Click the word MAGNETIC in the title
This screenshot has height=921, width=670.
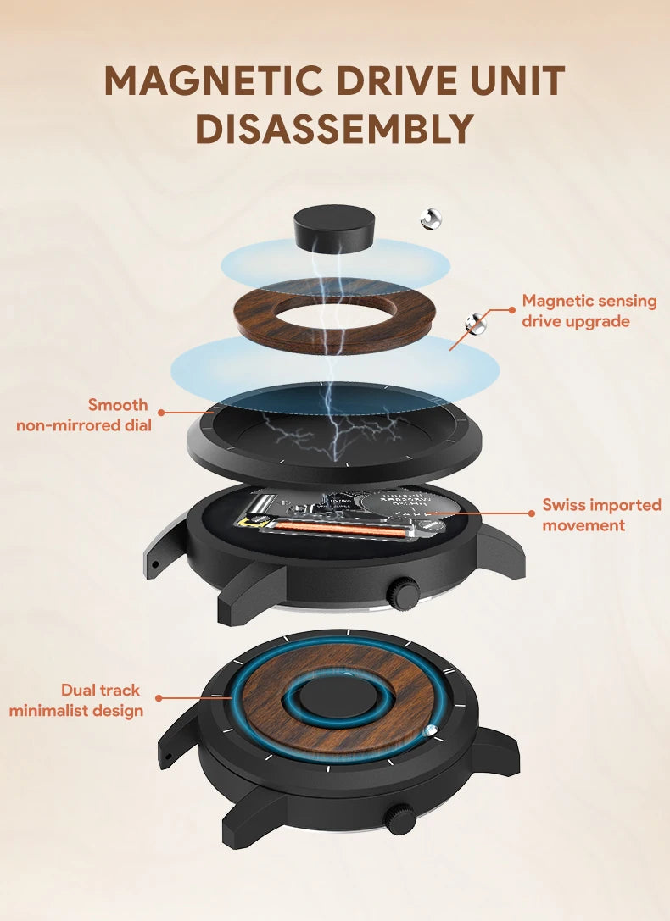pos(214,81)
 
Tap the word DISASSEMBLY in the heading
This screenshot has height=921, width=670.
pos(334,129)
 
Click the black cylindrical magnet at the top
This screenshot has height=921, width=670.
pos(335,228)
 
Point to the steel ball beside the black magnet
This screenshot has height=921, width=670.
pos(431,219)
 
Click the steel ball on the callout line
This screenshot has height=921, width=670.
pos(476,322)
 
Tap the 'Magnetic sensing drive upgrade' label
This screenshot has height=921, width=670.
pos(589,311)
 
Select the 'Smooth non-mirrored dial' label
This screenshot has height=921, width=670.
pos(84,415)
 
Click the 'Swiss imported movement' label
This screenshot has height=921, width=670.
pos(601,514)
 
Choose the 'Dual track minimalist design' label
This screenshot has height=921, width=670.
pos(76,700)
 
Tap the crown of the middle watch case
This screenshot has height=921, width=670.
pos(405,592)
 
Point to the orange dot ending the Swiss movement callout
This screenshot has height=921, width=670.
pos(532,513)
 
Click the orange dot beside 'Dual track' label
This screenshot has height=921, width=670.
pos(159,698)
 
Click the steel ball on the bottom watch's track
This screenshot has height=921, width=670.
pos(432,731)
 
